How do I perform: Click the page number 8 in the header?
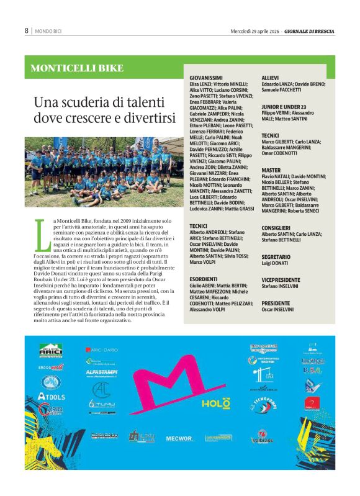click(x=27, y=30)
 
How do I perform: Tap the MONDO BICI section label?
click(x=49, y=30)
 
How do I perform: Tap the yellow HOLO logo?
click(x=212, y=404)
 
